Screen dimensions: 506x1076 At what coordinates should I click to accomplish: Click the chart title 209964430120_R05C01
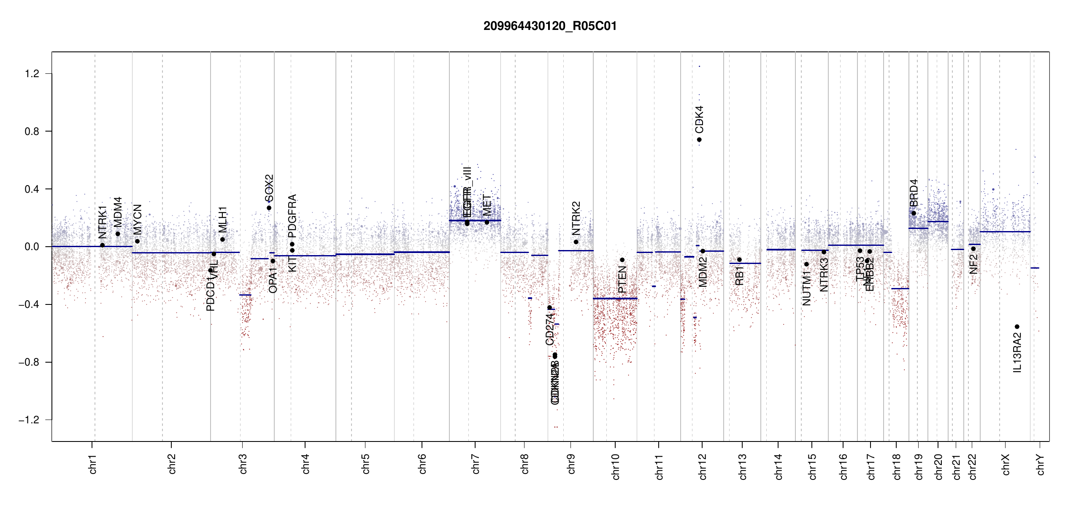click(x=550, y=26)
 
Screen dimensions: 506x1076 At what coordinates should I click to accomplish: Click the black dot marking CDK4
click(x=699, y=140)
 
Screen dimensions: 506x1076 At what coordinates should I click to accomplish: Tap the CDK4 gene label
click(x=699, y=119)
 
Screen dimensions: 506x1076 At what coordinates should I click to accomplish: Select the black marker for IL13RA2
click(x=1017, y=327)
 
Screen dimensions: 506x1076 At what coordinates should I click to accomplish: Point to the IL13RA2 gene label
click(x=1017, y=353)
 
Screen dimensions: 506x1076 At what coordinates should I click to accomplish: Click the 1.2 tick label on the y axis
click(x=32, y=74)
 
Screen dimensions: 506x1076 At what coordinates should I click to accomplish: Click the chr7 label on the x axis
click(x=476, y=464)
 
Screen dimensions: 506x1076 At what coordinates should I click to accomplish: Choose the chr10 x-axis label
click(x=615, y=466)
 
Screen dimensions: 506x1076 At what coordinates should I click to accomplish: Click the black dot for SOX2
click(x=269, y=208)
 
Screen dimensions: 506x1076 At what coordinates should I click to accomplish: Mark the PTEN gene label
click(x=622, y=279)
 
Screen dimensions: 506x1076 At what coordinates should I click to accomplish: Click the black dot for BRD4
click(x=914, y=213)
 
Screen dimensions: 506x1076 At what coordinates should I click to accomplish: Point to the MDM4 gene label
click(x=118, y=212)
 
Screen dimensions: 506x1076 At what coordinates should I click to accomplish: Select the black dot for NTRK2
click(x=576, y=242)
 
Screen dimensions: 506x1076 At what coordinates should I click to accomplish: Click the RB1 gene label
click(x=739, y=276)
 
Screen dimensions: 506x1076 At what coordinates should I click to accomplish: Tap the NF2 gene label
click(x=973, y=264)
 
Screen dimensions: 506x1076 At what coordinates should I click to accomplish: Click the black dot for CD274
click(x=549, y=308)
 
